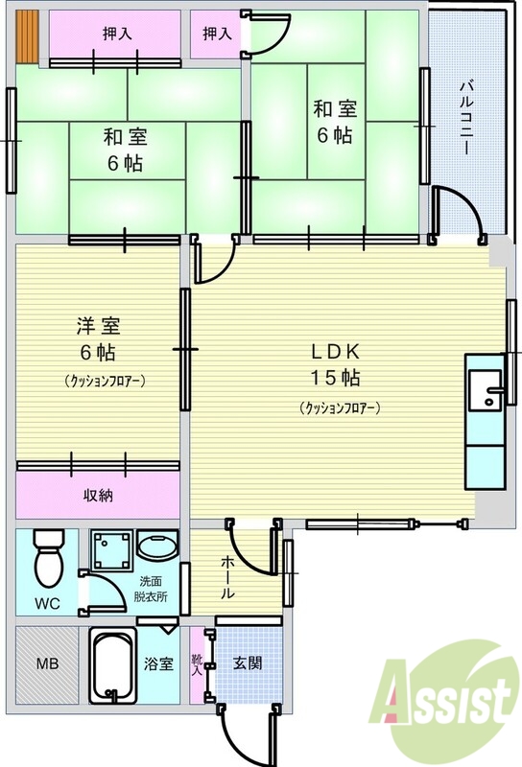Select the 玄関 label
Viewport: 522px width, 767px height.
click(x=248, y=662)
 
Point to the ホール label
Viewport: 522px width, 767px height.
click(x=228, y=577)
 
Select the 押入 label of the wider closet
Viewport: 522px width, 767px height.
click(x=118, y=34)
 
